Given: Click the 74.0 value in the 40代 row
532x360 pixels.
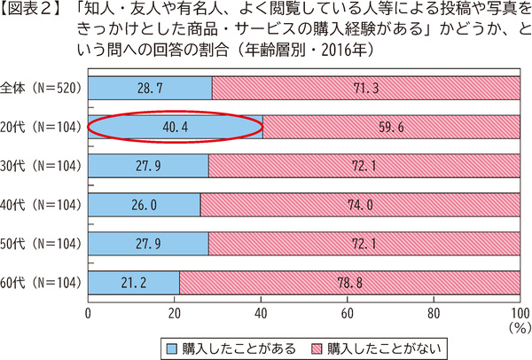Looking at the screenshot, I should (360, 205).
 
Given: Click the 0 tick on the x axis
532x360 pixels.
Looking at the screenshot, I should (89, 313).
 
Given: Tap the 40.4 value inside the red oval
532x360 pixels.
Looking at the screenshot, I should (176, 126).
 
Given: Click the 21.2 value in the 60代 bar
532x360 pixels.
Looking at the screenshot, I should (134, 283).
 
